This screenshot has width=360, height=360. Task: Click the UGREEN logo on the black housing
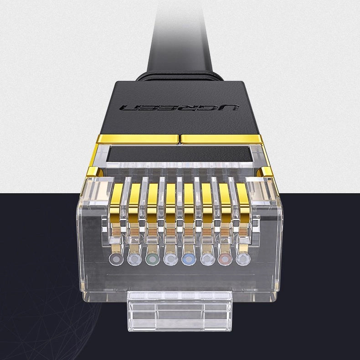click(180, 108)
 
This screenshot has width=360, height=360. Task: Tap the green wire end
click(152, 259)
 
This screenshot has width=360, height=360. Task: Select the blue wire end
click(188, 259)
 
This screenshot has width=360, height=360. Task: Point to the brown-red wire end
click(224, 259)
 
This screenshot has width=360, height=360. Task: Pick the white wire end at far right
click(242, 259)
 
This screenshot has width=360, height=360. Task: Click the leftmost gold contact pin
click(117, 201)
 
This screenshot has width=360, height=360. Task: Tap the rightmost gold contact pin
click(242, 201)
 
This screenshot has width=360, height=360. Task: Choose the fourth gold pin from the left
click(170, 201)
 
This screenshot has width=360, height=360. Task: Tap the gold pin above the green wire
click(153, 201)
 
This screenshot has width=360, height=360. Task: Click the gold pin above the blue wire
click(188, 201)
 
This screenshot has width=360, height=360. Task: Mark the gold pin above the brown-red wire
click(224, 201)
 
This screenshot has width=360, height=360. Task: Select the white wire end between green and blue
click(170, 259)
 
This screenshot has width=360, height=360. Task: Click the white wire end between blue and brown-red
click(206, 259)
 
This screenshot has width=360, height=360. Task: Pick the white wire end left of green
click(134, 259)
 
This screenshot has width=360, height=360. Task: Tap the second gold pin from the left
click(135, 201)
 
